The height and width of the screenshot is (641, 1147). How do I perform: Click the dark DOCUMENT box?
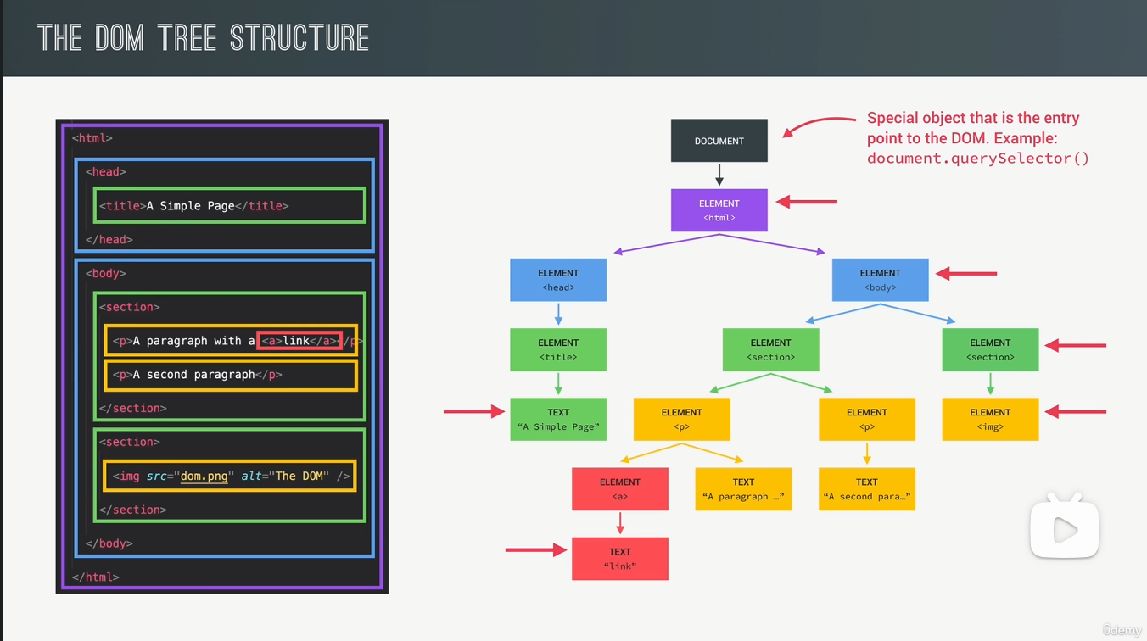tap(719, 141)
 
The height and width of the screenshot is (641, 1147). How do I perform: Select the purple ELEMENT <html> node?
tap(719, 210)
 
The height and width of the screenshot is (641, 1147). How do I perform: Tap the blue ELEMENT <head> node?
tap(558, 280)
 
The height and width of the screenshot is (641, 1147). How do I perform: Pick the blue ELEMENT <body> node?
tap(880, 280)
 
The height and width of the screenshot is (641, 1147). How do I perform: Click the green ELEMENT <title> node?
tap(558, 349)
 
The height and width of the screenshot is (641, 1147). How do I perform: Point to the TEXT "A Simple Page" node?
tap(558, 419)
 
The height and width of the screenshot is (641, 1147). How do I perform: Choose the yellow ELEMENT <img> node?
tap(990, 419)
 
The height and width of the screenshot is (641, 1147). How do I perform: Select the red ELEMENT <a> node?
tap(619, 488)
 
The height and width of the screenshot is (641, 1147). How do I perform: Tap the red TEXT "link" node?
tap(619, 558)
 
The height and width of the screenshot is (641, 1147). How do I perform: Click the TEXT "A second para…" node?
tap(866, 488)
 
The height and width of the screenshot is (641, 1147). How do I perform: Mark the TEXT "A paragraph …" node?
tap(743, 488)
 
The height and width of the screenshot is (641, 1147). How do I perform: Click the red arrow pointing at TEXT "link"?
tap(535, 550)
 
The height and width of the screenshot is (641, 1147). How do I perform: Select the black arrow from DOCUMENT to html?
tap(719, 175)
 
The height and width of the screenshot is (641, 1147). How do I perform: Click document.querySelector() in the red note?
tap(977, 159)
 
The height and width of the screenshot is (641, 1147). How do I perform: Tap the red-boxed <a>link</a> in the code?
tap(299, 341)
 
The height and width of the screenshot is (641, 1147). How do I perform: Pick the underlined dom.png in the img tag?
tap(204, 477)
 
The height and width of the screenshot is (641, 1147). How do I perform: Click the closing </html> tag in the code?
tap(95, 577)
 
